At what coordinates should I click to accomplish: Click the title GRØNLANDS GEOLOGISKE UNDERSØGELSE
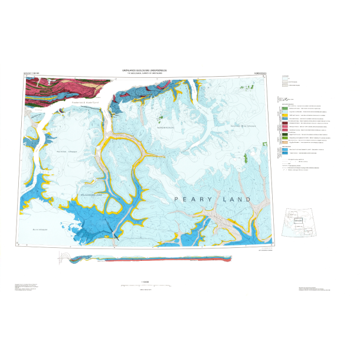tap(145, 69)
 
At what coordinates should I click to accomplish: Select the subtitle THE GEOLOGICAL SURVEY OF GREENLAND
tap(145, 73)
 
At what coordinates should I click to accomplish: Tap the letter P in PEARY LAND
tap(177, 200)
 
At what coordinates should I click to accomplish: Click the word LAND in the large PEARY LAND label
tap(236, 200)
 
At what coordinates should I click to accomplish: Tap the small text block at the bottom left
tap(27, 287)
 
